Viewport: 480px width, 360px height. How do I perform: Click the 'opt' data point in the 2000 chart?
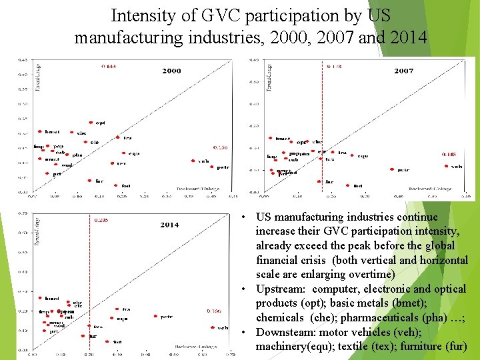tap(92, 123)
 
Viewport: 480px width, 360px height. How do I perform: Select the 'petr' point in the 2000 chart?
tap(212, 167)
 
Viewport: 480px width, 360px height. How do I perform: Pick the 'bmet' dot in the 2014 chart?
tap(40, 298)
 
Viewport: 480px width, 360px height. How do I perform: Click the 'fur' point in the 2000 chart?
tap(90, 181)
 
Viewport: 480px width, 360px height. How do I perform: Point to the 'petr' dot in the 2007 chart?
tap(393, 169)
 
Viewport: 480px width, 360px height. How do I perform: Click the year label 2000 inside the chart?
tap(171, 71)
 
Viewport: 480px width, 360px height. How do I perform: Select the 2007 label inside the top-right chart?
tap(404, 71)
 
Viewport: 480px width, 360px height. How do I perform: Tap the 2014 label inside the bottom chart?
tap(169, 225)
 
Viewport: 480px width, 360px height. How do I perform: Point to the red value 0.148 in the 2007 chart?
tap(449, 154)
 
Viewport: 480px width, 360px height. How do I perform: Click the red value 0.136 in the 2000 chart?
tap(220, 147)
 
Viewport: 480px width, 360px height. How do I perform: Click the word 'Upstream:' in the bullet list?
tap(281, 289)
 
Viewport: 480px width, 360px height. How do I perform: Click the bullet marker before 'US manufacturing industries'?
tap(246, 217)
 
